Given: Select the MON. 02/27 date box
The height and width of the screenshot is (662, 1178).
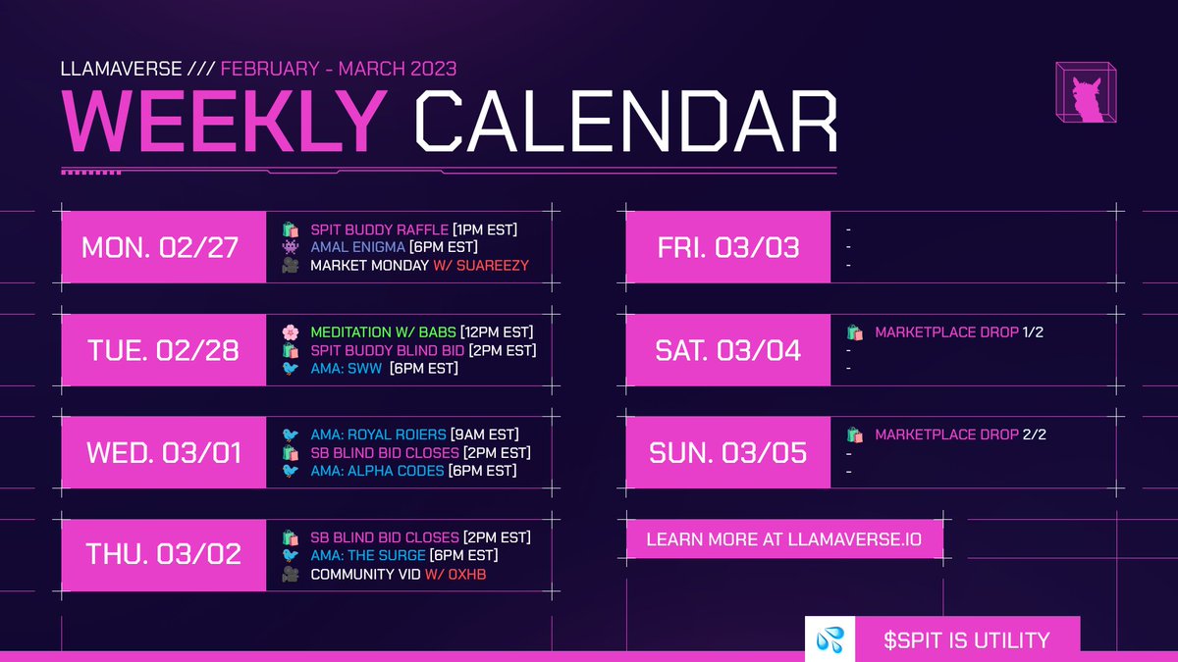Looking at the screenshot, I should pyautogui.click(x=160, y=247).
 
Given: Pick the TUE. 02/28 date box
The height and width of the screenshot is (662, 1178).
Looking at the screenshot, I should pyautogui.click(x=160, y=350).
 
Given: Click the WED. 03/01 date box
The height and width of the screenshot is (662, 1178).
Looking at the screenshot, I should pyautogui.click(x=160, y=452).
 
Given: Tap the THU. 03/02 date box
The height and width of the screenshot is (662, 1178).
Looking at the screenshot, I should pyautogui.click(x=160, y=554).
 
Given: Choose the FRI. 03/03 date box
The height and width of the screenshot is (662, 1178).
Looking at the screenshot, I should pyautogui.click(x=726, y=247).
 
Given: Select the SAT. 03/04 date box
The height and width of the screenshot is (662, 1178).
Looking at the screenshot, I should pyautogui.click(x=726, y=350).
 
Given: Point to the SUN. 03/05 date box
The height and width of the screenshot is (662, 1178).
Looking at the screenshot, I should pyautogui.click(x=726, y=452).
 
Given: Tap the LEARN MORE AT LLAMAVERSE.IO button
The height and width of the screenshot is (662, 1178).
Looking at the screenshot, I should pyautogui.click(x=782, y=540).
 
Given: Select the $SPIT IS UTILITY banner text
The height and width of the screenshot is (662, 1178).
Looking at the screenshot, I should pyautogui.click(x=967, y=640).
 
